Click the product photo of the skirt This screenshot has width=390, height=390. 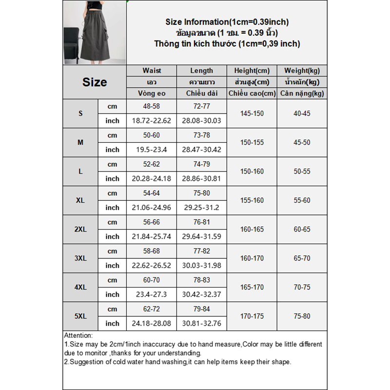click(94, 33)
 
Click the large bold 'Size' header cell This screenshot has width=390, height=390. click(95, 82)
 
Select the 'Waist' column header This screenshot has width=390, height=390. click(152, 71)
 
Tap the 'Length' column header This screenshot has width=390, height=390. click(202, 71)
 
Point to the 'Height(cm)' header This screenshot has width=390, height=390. click(252, 71)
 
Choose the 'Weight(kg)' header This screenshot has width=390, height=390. click(302, 71)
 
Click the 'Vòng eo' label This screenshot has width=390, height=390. click(152, 93)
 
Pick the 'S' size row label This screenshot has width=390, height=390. click(80, 113)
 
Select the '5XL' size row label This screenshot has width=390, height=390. click(80, 316)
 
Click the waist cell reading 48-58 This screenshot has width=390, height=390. click(152, 106)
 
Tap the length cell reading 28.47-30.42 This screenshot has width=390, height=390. click(202, 150)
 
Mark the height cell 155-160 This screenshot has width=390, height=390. click(252, 200)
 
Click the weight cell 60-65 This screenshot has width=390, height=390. click(302, 229)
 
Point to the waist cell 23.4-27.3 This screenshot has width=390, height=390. click(152, 294)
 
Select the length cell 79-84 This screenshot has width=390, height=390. click(202, 309)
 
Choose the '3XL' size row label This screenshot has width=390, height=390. click(80, 258)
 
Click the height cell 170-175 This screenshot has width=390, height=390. click(252, 316)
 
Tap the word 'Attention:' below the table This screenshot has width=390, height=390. click(78, 336)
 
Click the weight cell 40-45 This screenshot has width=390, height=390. click(302, 113)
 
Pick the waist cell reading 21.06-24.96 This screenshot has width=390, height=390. click(152, 208)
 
